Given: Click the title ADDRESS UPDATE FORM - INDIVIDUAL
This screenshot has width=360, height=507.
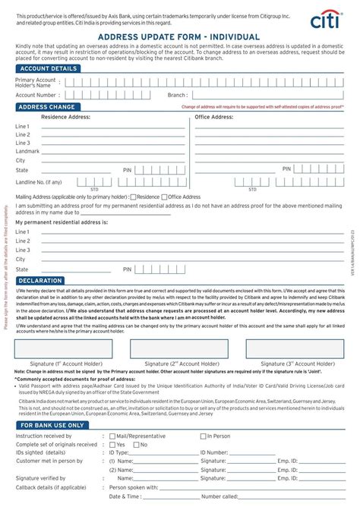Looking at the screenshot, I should [x=180, y=37].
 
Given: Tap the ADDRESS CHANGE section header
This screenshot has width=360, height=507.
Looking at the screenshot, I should [x=45, y=107].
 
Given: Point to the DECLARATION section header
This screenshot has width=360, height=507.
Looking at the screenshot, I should [x=40, y=280].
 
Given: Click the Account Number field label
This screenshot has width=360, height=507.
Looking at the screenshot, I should [x=36, y=96].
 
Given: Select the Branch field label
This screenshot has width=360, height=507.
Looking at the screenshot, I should [x=177, y=96].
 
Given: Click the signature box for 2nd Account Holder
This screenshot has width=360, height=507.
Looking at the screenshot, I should [x=178, y=348].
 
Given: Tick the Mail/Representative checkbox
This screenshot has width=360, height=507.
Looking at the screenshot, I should [x=112, y=436].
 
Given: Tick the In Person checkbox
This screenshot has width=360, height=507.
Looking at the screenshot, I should [x=203, y=436].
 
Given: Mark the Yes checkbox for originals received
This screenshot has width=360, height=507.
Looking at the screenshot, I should [x=112, y=445].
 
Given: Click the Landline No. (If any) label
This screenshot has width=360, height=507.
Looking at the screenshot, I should [x=39, y=182].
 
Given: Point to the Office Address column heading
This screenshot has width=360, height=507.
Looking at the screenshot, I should [x=214, y=117].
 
